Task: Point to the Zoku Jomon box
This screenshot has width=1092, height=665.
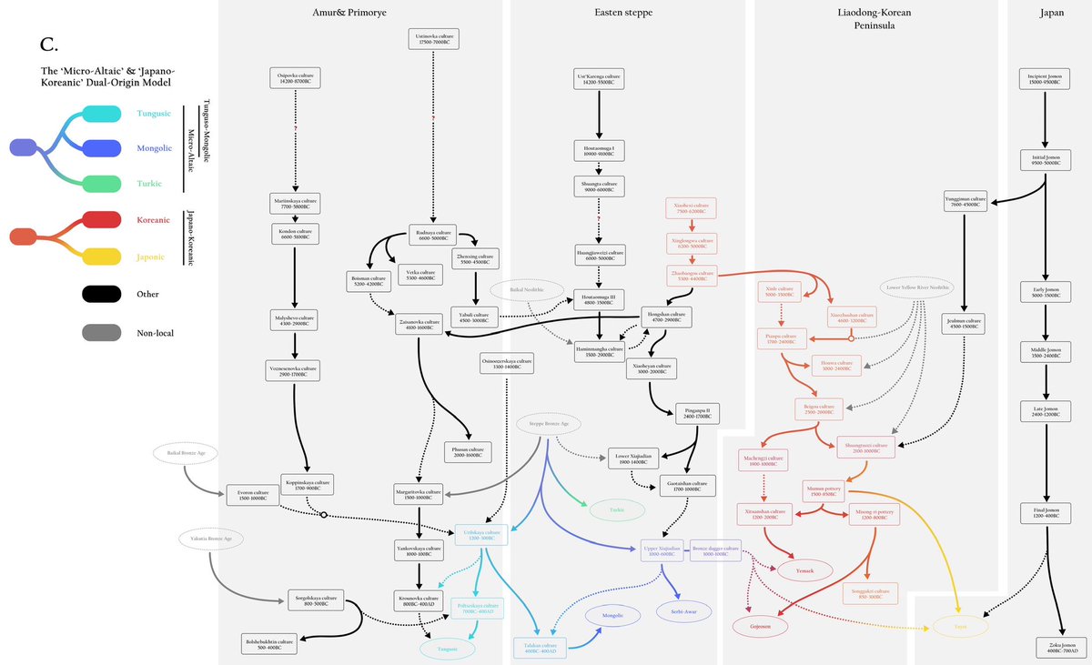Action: pos(1057,647)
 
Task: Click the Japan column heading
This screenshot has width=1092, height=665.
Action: pos(1052,13)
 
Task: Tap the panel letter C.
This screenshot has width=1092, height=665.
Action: pos(50,45)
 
